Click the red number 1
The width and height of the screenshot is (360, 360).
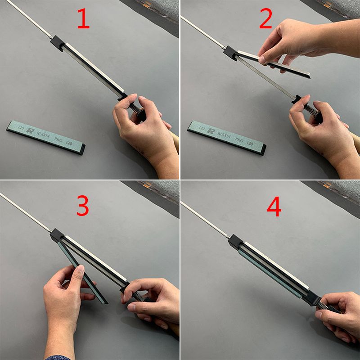[x=83, y=18]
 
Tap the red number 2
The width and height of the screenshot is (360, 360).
[x=265, y=18]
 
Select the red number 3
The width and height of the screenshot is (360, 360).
[x=83, y=206]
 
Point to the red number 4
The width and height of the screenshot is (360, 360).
[x=274, y=207]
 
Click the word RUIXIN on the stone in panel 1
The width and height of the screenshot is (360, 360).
[x=43, y=134]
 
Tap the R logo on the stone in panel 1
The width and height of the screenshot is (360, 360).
[x=30, y=130]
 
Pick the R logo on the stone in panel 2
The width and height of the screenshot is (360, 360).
[x=211, y=130]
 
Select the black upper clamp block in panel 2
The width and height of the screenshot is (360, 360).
[x=230, y=53]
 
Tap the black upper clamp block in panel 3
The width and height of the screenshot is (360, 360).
[x=57, y=235]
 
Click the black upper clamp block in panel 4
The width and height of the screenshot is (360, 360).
[x=236, y=242]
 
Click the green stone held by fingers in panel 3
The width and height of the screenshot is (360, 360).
[x=83, y=273]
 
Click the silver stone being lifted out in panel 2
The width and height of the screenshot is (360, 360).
[x=274, y=64]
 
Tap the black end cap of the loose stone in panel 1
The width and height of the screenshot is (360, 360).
[x=83, y=149]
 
